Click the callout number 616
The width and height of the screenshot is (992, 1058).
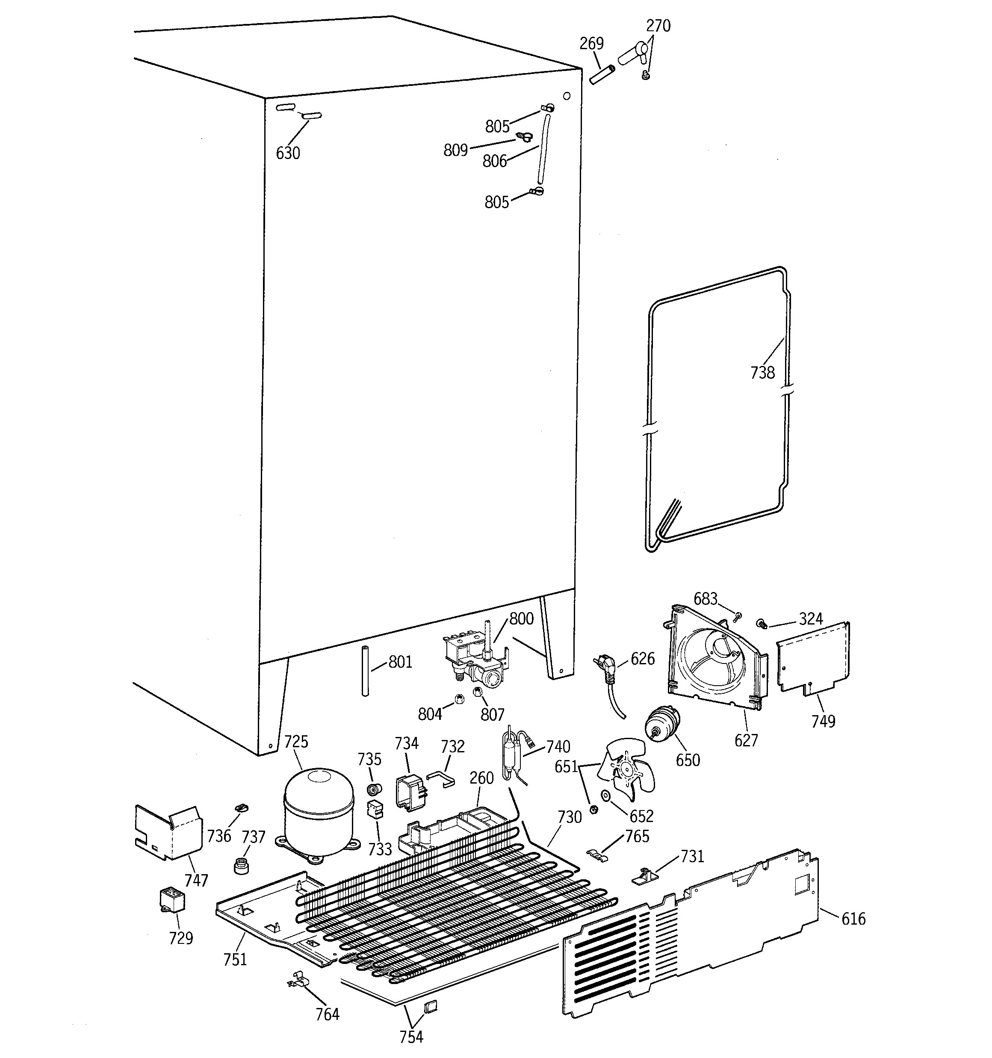pos(853,919)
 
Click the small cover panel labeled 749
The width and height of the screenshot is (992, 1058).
pos(812,660)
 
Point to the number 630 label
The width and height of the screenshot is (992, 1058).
pos(288,153)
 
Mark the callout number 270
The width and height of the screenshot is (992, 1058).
pos(658,26)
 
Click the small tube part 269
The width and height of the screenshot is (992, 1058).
pos(602,74)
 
